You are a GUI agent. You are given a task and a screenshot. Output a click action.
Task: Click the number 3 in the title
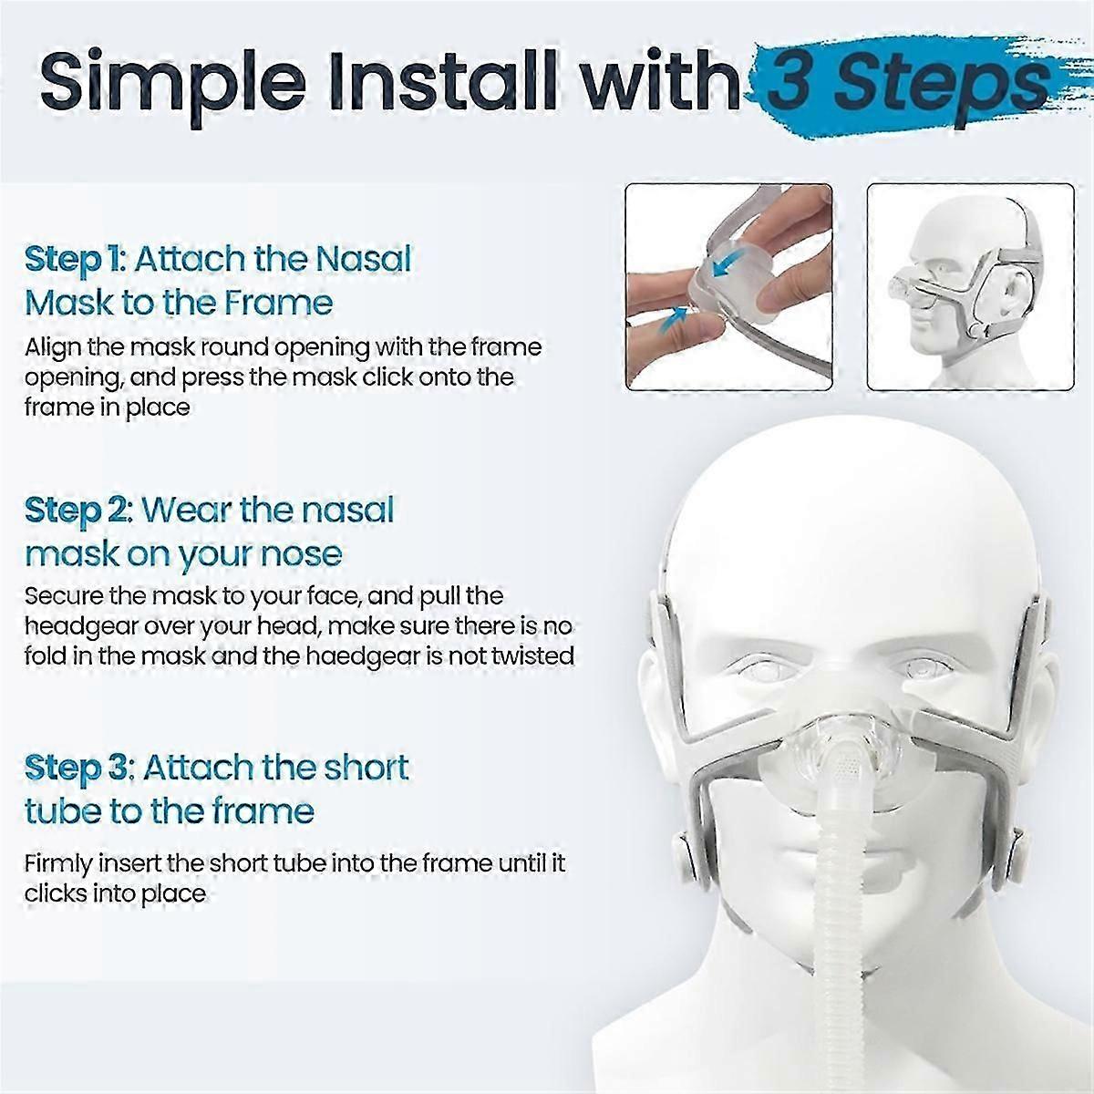pyautogui.click(x=795, y=84)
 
